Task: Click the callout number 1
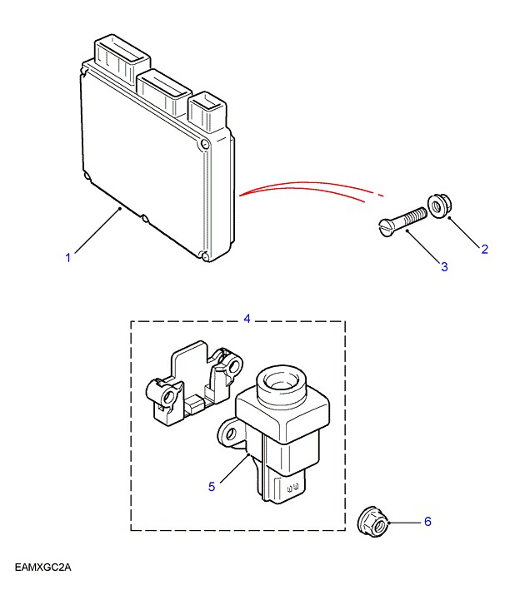tap(68, 258)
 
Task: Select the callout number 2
tap(484, 248)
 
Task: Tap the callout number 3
tap(444, 266)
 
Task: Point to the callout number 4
tap(247, 318)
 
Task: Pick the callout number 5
tap(212, 486)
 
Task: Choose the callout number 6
tap(427, 522)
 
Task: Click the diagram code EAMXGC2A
tap(43, 568)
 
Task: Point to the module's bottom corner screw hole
tap(204, 254)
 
